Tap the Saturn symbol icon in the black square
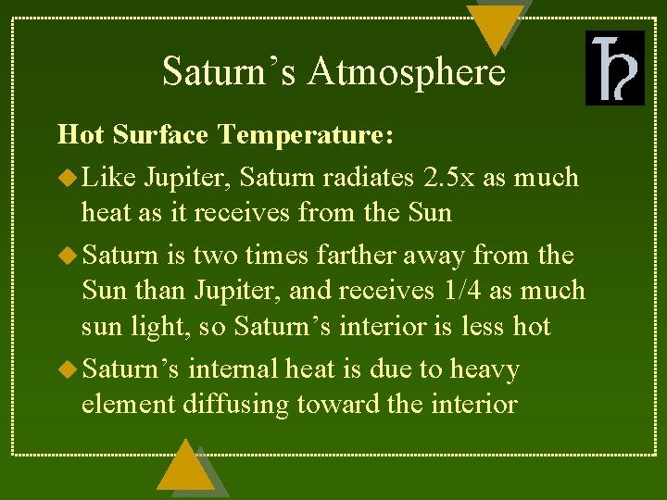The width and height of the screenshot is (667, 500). pos(614,68)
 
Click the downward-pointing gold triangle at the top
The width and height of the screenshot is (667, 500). pos(495,26)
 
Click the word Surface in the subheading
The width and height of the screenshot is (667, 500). pos(162,135)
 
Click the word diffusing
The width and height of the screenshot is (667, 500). pos(239,405)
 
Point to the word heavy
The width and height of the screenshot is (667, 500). pos(485,370)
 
